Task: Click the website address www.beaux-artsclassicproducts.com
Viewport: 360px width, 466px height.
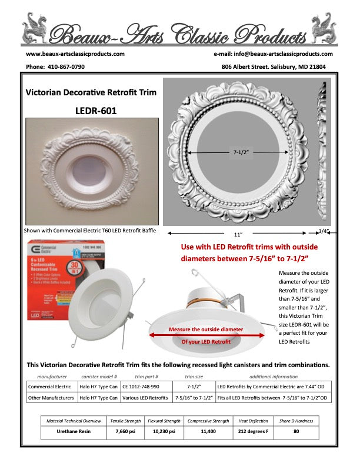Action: pos(75,54)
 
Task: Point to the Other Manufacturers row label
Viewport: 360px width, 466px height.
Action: pos(52,398)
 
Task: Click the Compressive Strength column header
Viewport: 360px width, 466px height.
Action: pos(208,421)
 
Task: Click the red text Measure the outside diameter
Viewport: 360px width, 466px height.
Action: pos(206,329)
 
